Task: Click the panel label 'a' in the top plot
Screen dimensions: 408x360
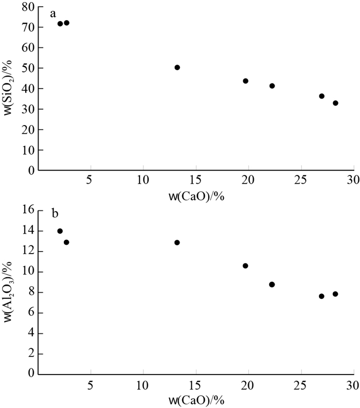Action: coord(52,14)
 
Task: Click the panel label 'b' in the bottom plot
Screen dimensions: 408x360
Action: coord(53,217)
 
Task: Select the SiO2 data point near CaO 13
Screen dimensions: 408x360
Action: coord(177,67)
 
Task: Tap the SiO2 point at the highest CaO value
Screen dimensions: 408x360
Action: coord(335,103)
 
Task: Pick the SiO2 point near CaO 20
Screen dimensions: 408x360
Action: coord(245,81)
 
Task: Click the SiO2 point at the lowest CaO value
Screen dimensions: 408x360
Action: coord(60,24)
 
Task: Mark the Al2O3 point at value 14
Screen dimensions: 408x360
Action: coord(60,231)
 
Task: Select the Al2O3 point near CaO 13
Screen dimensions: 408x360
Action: coord(177,242)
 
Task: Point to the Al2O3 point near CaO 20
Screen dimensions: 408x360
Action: coord(245,266)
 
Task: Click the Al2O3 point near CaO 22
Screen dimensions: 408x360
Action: coord(272,285)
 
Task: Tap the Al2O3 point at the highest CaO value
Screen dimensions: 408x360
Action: coord(335,294)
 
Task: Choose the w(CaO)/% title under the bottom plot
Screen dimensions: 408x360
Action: coord(195,400)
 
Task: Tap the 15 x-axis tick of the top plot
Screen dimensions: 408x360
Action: coord(195,181)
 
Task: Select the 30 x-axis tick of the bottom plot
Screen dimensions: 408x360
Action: coord(352,385)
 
